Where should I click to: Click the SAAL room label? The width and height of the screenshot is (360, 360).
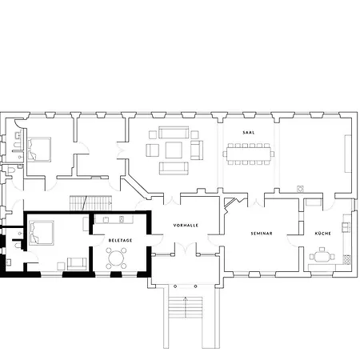pos(249,133)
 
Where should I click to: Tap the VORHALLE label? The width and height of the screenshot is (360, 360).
pos(186,226)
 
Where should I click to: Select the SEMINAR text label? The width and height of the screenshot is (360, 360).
pos(262,234)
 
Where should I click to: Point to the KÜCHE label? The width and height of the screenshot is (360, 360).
pos(323,234)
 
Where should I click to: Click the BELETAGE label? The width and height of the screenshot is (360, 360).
pos(120,240)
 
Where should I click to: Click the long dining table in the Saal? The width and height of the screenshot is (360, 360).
pos(249,154)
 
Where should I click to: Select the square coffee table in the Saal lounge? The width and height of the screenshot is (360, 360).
pos(174,150)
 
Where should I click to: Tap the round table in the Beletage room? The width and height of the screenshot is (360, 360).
pos(116,258)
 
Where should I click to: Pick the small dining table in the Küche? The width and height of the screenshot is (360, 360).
pos(322,257)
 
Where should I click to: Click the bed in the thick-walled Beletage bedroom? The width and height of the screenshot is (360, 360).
pos(42,233)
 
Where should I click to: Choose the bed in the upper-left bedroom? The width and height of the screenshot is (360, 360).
pos(39,150)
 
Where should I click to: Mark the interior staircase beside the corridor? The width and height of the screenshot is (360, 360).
pos(91,203)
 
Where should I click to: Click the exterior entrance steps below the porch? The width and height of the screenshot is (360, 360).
pos(186,307)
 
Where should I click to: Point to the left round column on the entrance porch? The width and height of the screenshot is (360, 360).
pos(175,286)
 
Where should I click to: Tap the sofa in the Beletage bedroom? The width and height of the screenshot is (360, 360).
pos(77,264)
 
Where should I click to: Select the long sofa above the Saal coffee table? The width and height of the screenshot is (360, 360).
pos(174,132)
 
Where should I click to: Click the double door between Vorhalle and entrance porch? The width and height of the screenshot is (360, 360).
pos(186,247)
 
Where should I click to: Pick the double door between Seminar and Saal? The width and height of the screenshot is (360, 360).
pos(256,202)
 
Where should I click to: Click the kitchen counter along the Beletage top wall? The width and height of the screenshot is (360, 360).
pos(114,219)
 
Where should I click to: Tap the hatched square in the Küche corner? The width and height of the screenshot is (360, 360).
pos(346,260)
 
